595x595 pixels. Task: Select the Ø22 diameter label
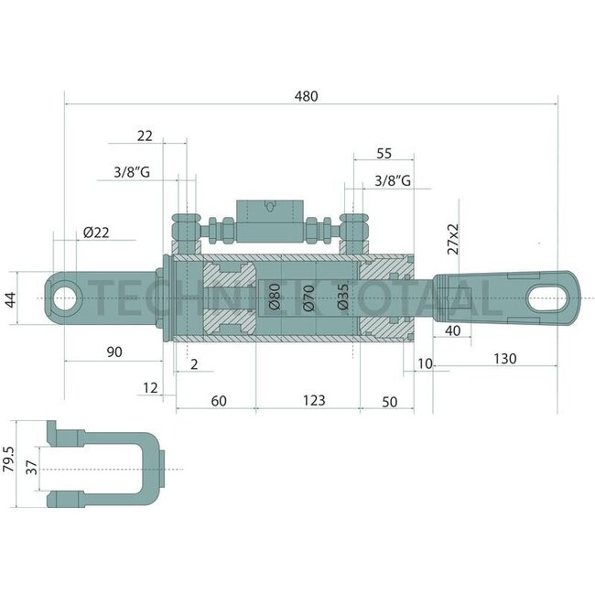(95, 233)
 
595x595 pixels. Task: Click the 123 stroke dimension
(313, 400)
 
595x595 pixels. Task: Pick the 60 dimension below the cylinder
(218, 400)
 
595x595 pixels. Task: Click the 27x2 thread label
(452, 236)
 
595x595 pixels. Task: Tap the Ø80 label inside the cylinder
(274, 297)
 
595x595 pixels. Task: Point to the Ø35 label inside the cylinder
(342, 297)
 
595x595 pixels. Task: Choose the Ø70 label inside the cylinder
(308, 297)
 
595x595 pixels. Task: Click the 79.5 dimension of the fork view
(9, 464)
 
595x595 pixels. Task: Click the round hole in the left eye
(66, 298)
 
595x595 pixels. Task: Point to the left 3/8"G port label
(131, 171)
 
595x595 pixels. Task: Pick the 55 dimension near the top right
(384, 153)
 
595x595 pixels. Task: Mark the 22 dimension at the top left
(144, 135)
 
